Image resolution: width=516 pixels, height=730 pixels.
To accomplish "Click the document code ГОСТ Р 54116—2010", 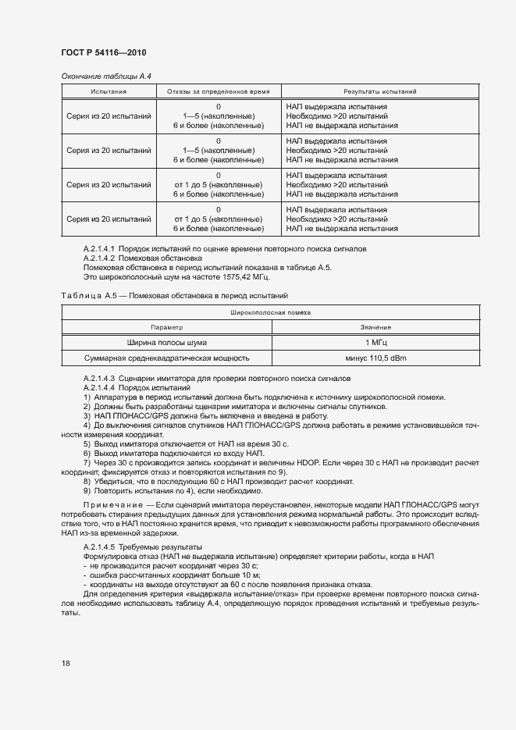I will pos(103,52).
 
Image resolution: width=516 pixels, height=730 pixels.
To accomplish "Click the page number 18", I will pos(66,663).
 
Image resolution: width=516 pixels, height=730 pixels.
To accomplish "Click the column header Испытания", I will pos(109,91).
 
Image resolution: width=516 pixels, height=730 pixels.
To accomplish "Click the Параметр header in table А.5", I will pos(166,327).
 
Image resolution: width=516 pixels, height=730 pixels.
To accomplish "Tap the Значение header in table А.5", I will pos(375,327).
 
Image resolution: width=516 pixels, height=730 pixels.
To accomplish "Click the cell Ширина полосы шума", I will pos(166,342).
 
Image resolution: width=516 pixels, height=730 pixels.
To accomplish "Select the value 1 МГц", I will pos(375,342).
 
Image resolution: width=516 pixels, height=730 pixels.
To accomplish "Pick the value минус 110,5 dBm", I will pos(375,358).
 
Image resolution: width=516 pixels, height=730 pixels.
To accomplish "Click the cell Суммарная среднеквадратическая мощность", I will pos(166,358).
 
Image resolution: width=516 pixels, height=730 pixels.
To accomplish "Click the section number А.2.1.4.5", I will pos(98,547).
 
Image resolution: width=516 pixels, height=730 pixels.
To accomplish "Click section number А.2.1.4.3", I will pos(98,378).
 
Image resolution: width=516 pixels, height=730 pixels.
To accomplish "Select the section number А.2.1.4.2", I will pos(98,258).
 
